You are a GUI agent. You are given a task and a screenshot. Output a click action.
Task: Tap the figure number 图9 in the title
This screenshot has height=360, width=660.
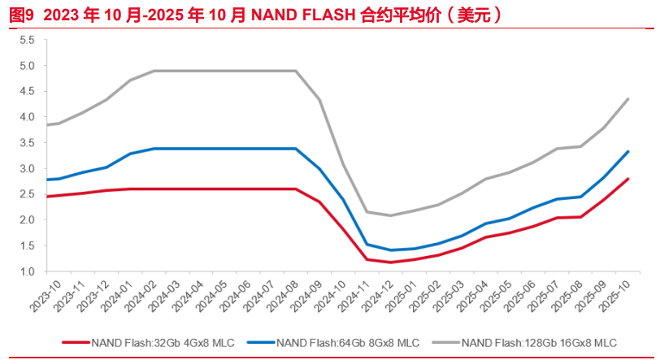tap(19, 15)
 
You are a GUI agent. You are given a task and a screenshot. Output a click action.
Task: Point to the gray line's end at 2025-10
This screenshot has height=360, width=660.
tap(628, 99)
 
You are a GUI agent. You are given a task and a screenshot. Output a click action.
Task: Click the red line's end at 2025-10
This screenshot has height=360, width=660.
tap(628, 179)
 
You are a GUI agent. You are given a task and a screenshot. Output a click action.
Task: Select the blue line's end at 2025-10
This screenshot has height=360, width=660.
tap(628, 152)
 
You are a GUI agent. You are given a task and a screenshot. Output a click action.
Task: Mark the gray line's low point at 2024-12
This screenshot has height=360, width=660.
tap(391, 215)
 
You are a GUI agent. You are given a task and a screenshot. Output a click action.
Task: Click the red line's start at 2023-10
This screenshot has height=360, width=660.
tap(46, 197)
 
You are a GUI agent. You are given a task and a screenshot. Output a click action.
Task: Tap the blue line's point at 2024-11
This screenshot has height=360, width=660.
tap(367, 244)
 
